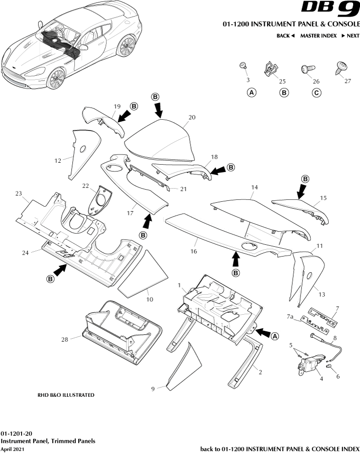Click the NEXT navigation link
click(x=350, y=36)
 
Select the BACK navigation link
click(x=286, y=36)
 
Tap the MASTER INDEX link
click(x=318, y=36)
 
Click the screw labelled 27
click(x=340, y=68)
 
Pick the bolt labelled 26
click(x=309, y=69)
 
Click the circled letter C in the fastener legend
click(x=317, y=92)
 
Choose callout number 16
click(x=194, y=251)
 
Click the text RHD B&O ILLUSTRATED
click(x=65, y=395)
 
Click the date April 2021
click(x=12, y=448)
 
